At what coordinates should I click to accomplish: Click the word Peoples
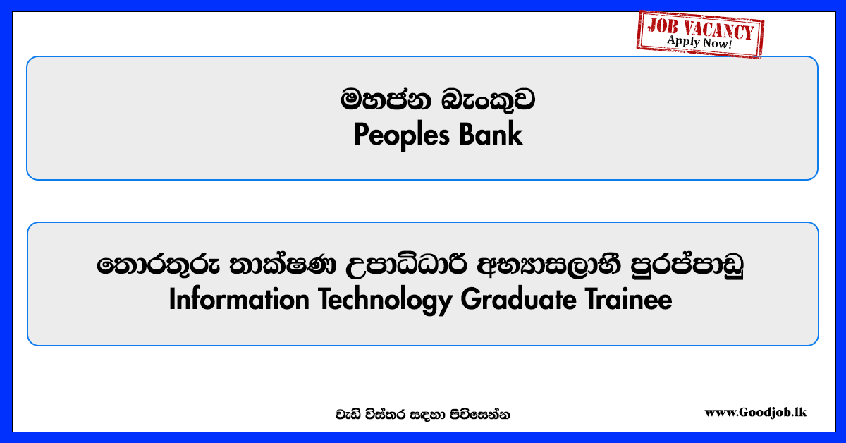coord(401,135)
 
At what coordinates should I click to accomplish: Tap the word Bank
coord(491,134)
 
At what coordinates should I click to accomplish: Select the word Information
coord(239,299)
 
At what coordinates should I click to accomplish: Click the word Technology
coord(385,301)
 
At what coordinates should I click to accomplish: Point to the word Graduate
coord(518,299)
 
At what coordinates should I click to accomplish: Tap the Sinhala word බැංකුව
coord(488,100)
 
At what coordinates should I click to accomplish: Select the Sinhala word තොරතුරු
coord(158,265)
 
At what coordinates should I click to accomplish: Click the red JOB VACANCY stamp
coord(701,34)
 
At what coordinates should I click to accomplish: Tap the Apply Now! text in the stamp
coord(700,42)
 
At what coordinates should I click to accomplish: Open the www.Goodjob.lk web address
coord(755,413)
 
